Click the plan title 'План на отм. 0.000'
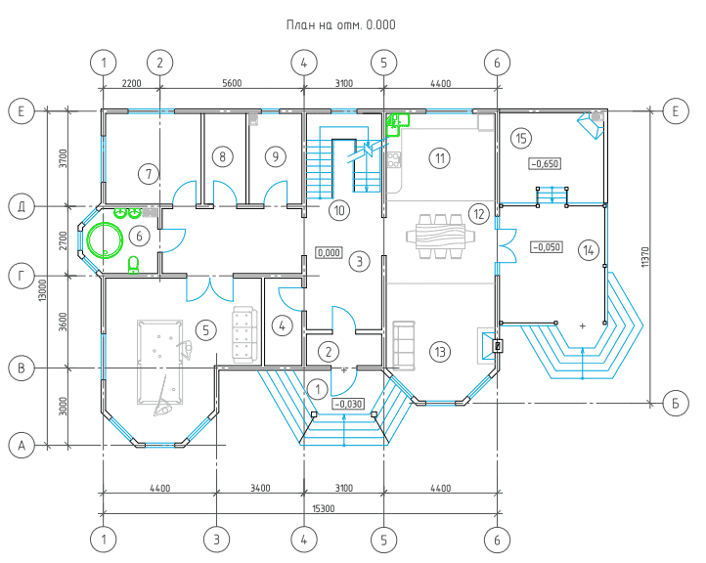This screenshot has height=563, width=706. tap(341, 24)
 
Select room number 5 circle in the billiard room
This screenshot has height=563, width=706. tap(205, 330)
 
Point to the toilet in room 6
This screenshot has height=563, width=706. tap(133, 265)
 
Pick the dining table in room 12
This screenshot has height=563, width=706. tap(440, 237)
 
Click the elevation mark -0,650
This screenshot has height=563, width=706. tap(545, 164)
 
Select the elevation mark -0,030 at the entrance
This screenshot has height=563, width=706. tap(348, 404)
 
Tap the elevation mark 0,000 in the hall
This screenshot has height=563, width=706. tap(329, 252)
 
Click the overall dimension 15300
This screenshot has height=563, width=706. tap(324, 508)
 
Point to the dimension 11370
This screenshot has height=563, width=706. tap(644, 256)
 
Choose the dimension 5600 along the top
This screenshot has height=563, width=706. tap(232, 83)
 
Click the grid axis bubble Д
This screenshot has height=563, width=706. tap(22, 207)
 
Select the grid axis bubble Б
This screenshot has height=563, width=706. tap(676, 404)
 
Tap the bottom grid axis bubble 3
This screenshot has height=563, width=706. tap(216, 540)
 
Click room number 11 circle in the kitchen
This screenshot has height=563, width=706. tap(439, 158)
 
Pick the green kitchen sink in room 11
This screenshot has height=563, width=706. tap(397, 124)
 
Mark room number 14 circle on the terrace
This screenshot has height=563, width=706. tap(589, 250)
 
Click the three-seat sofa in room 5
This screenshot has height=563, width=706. tap(244, 334)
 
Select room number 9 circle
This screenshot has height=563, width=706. tap(275, 156)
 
